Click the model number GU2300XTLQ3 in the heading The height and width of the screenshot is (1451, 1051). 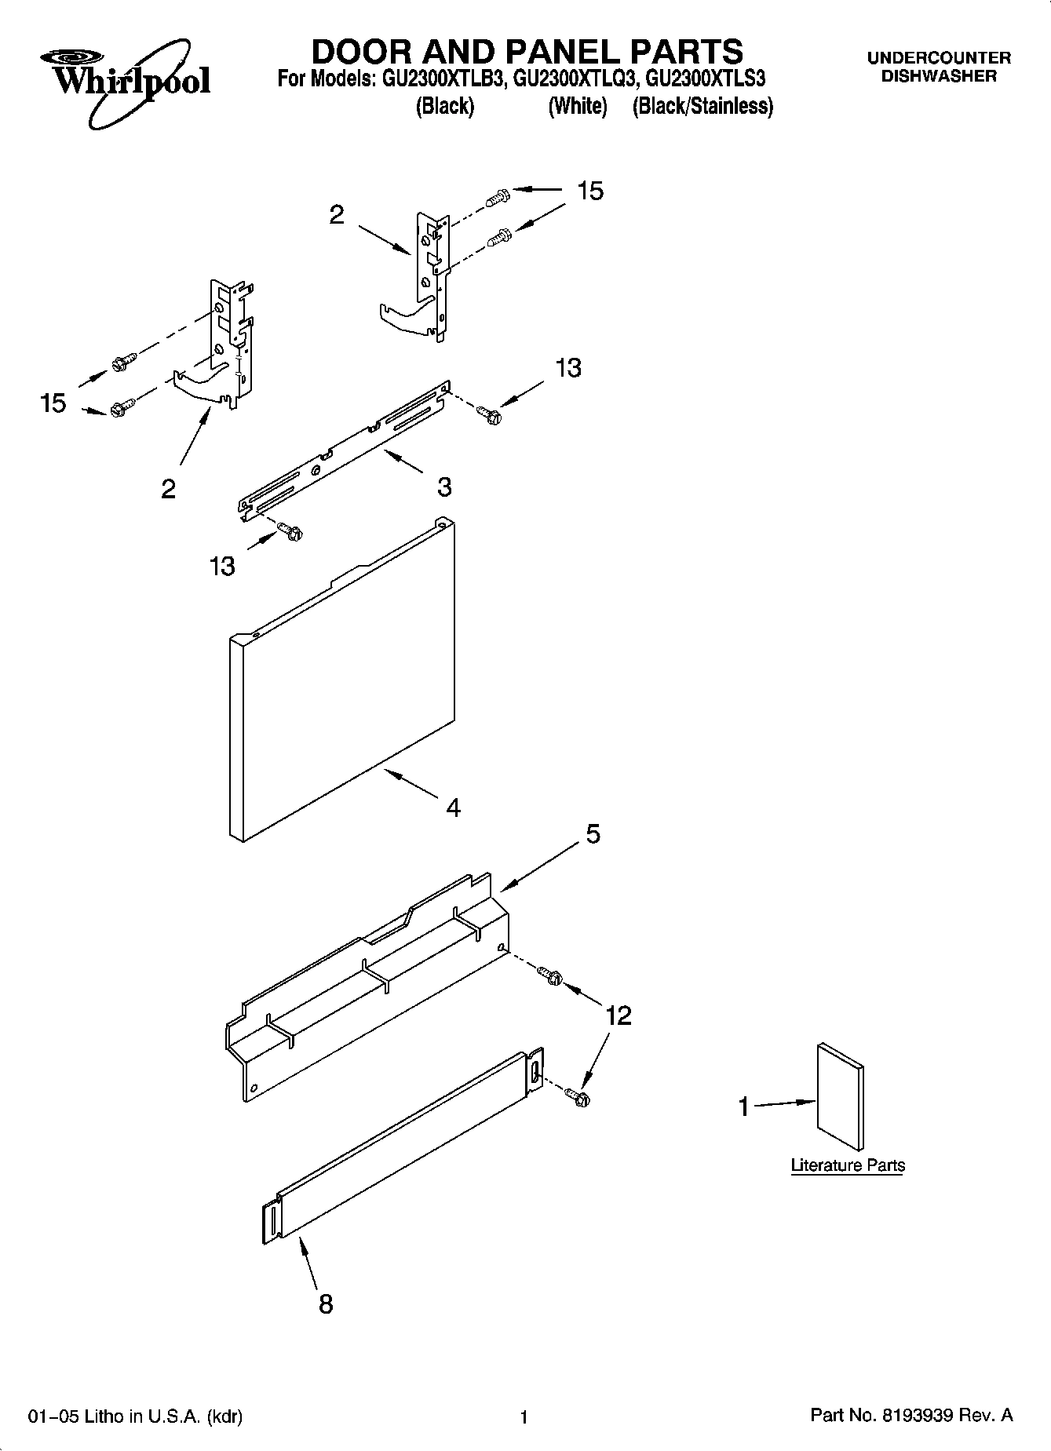pyautogui.click(x=571, y=79)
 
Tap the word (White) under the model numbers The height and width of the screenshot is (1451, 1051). pyautogui.click(x=578, y=106)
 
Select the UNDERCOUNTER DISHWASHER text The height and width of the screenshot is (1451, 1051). pyautogui.click(x=938, y=67)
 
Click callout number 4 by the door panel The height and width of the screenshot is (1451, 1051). pyautogui.click(x=453, y=808)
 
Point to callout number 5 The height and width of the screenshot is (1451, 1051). pyautogui.click(x=593, y=834)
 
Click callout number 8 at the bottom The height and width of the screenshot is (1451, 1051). pyautogui.click(x=325, y=1303)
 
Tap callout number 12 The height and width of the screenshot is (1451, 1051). pyautogui.click(x=618, y=1016)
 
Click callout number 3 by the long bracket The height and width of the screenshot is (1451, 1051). pyautogui.click(x=444, y=487)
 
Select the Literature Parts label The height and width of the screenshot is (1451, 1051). pyautogui.click(x=847, y=1165)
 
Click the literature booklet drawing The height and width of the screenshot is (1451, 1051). pyautogui.click(x=841, y=1097)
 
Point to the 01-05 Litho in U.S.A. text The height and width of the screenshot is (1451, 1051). pyautogui.click(x=135, y=1416)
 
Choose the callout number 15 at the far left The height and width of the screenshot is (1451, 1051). pyautogui.click(x=53, y=403)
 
